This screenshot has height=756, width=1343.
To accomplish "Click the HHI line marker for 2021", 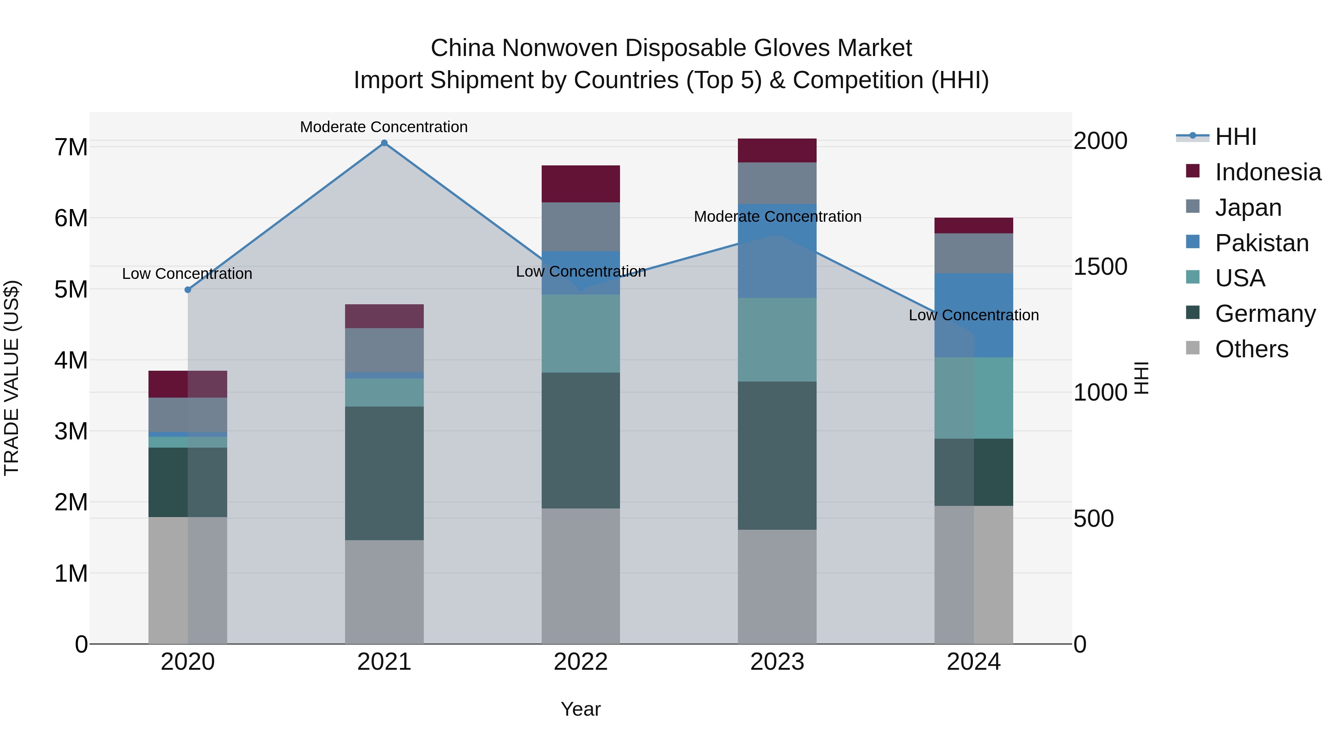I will [384, 143].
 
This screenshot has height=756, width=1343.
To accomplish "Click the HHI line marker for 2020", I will [188, 290].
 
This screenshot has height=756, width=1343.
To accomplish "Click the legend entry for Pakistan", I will [1261, 243].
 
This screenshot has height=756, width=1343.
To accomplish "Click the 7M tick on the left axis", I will [71, 147].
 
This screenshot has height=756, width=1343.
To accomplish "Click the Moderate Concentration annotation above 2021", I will [384, 127].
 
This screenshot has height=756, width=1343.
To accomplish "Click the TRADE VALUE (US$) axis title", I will [12, 378].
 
